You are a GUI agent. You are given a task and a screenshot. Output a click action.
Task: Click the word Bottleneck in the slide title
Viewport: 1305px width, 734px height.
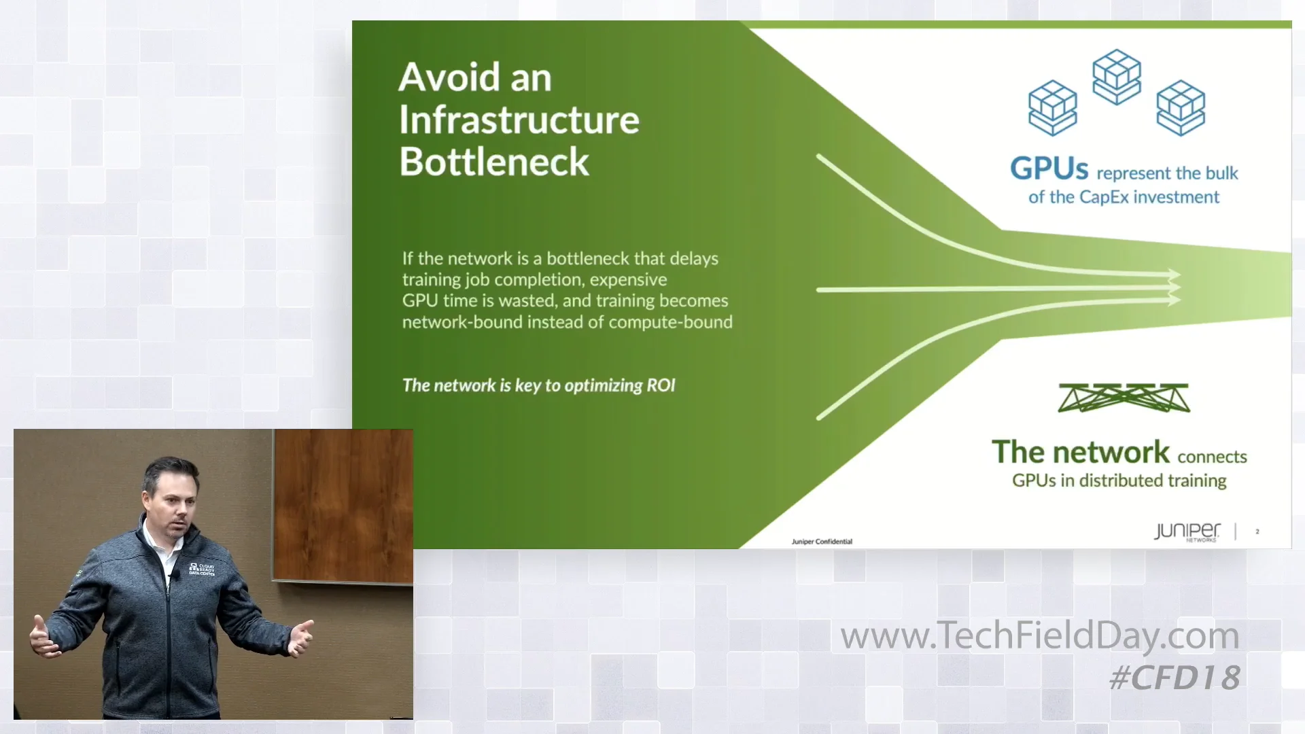tap(494, 162)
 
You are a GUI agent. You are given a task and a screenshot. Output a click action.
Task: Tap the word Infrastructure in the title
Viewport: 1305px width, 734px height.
tap(519, 120)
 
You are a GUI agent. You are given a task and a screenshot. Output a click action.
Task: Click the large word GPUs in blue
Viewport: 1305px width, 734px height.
tap(1049, 169)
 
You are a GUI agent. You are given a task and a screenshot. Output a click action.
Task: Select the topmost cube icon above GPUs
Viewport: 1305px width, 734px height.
tap(1116, 76)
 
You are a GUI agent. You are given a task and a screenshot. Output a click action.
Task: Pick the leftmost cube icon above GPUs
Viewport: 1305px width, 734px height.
tap(1052, 107)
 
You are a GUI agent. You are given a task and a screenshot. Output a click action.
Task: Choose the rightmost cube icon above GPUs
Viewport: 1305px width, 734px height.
tap(1181, 107)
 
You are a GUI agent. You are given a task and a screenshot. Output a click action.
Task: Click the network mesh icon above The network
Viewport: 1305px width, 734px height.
tap(1124, 398)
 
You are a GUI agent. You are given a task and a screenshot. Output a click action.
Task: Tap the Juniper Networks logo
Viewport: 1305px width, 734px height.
tap(1187, 531)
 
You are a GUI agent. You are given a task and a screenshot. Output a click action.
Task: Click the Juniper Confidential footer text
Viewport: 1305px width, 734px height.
tap(822, 542)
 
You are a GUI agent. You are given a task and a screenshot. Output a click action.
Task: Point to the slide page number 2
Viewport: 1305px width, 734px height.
tap(1257, 531)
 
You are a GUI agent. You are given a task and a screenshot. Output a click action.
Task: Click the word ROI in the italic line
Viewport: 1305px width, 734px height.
tap(661, 385)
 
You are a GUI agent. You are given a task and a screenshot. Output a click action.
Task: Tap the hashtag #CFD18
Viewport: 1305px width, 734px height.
tap(1175, 678)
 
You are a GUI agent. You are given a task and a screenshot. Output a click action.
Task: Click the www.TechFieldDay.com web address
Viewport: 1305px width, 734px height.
tap(1040, 635)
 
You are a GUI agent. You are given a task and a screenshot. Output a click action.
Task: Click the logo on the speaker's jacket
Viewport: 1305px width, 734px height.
tap(202, 570)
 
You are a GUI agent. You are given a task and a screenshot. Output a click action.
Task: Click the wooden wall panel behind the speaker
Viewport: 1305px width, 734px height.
tap(343, 503)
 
